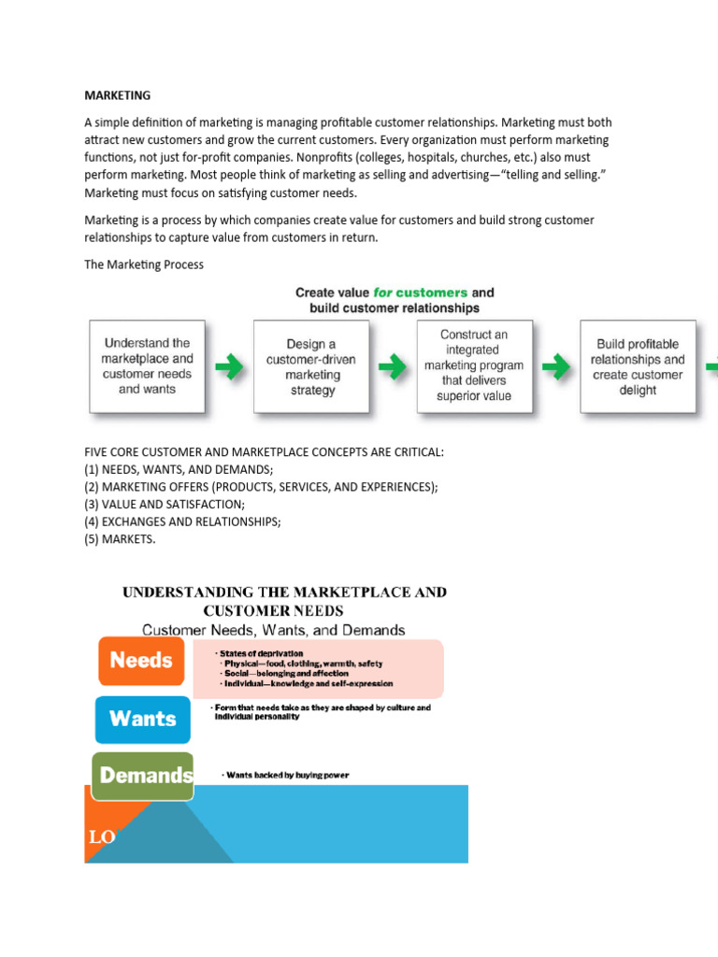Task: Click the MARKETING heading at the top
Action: click(117, 95)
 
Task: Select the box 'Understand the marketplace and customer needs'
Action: click(147, 365)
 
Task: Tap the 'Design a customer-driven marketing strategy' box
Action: click(312, 367)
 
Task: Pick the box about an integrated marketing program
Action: click(474, 365)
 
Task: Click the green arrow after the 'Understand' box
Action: click(229, 367)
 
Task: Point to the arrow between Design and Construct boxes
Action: click(394, 367)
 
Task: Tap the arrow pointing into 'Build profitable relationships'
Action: click(556, 367)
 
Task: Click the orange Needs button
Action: click(141, 660)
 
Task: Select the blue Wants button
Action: click(142, 719)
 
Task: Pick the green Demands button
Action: click(144, 775)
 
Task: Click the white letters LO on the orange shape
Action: click(102, 837)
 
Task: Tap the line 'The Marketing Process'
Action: click(144, 264)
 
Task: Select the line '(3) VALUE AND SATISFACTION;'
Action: click(165, 504)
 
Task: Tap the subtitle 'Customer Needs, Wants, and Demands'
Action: click(273, 631)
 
